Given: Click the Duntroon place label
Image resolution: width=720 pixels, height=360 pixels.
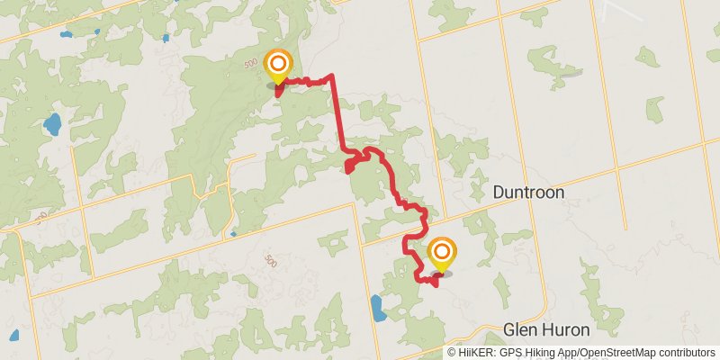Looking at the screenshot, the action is point(528,193).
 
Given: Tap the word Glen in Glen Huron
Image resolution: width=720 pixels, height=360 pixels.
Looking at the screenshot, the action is point(521,329).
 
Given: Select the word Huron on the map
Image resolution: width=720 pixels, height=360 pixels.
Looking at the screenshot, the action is point(569,329).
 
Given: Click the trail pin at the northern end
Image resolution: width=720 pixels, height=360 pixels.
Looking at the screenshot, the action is point(279,66).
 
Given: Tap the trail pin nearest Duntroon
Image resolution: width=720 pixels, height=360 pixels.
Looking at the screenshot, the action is point(441,253).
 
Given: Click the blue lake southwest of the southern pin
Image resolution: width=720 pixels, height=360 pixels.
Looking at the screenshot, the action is point(377,308).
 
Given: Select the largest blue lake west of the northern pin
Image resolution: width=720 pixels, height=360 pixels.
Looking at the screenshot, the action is point(52,123).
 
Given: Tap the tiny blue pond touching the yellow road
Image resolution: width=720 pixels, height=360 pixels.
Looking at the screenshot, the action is point(233,234).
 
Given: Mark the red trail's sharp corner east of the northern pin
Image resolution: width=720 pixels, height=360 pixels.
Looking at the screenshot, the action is point(332,76).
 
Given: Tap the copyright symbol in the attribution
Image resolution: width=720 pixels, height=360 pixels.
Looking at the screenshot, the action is point(451,353).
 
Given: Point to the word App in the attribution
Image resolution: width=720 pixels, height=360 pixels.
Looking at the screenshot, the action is point(567,353).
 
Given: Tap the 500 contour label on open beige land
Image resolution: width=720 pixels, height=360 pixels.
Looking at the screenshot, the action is point(271,260).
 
